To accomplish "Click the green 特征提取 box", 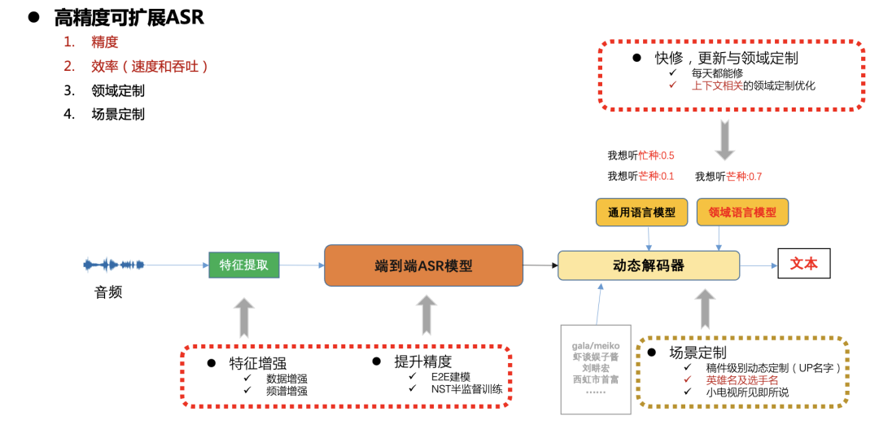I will pyautogui.click(x=244, y=265).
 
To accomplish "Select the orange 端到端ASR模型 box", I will pyautogui.click(x=423, y=265).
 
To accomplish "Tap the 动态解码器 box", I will pyautogui.click(x=648, y=265).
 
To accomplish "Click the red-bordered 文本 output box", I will pyautogui.click(x=803, y=264).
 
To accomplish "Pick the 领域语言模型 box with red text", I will pyautogui.click(x=742, y=212).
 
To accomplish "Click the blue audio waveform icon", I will pyautogui.click(x=113, y=265).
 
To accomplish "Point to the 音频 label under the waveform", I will pyautogui.click(x=108, y=291).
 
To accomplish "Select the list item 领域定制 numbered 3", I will pyautogui.click(x=118, y=90).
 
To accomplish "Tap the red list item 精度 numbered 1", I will pyautogui.click(x=105, y=42).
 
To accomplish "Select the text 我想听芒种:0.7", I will pyautogui.click(x=728, y=176).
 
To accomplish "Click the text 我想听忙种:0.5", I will pyautogui.click(x=641, y=155).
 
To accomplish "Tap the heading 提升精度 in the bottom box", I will pyautogui.click(x=423, y=361).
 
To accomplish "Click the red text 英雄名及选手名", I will pyautogui.click(x=741, y=379).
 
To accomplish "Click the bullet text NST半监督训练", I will pyautogui.click(x=466, y=388).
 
